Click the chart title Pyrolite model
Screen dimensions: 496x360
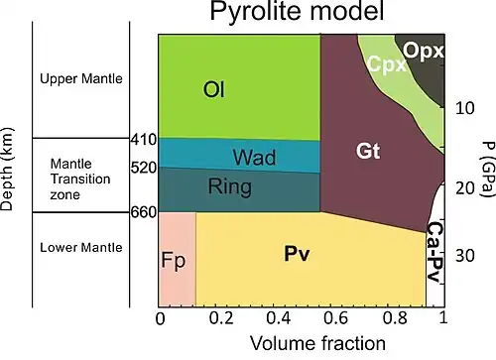[x=297, y=12]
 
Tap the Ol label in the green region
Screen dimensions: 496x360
[x=214, y=89]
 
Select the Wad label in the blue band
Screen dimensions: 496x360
[x=254, y=157]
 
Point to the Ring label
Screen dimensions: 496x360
[x=230, y=187]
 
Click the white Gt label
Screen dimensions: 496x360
[x=368, y=151]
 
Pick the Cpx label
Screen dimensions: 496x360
[x=387, y=63]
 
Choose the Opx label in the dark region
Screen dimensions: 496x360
[x=424, y=51]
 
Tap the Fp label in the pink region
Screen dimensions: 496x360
[x=174, y=261]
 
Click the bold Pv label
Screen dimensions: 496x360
[x=297, y=254]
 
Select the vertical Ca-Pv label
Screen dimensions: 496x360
[x=434, y=252]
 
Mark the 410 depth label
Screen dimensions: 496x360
[x=144, y=140]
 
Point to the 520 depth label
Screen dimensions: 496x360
[x=144, y=168]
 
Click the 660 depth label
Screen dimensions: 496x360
[x=144, y=212]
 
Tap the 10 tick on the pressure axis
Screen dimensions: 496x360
[x=465, y=108]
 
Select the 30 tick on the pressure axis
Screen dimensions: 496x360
[x=465, y=256]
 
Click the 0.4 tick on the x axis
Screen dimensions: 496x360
[x=279, y=318]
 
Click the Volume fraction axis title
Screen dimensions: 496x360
[x=317, y=343]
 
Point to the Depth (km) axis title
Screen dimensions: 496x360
[x=7, y=170]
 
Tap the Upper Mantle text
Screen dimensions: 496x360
[x=81, y=78]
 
